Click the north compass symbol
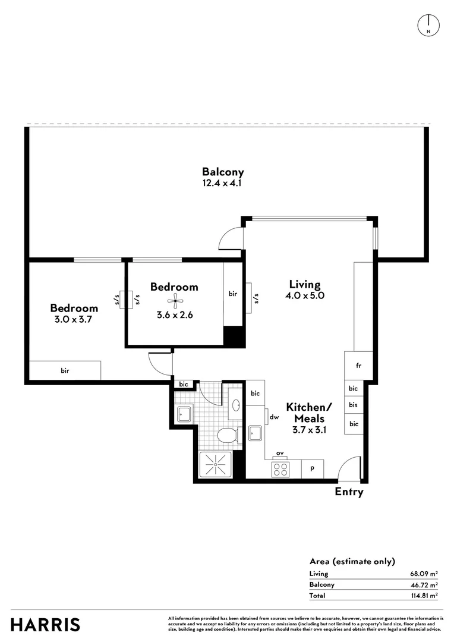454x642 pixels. click(x=428, y=24)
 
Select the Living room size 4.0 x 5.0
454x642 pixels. click(x=305, y=295)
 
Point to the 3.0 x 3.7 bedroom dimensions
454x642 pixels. click(x=74, y=319)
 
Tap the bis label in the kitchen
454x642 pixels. click(x=354, y=406)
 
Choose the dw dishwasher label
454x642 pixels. click(x=275, y=417)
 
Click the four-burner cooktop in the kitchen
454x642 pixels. click(x=280, y=470)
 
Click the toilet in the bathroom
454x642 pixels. click(x=227, y=437)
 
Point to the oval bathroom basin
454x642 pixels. click(x=236, y=405)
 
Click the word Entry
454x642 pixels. click(x=349, y=492)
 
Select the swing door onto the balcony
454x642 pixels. click(x=231, y=240)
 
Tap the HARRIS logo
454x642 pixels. click(x=46, y=625)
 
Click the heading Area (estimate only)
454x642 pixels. click(x=352, y=561)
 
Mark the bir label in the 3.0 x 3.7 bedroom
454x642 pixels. click(x=65, y=371)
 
